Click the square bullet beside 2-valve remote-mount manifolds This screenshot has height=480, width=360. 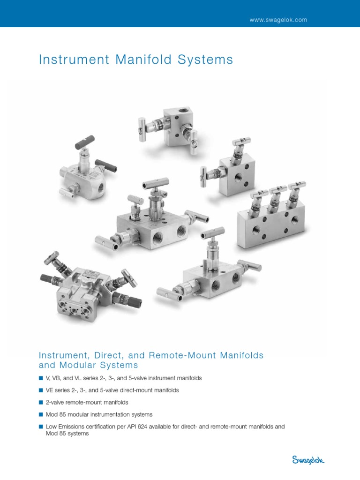[40, 402]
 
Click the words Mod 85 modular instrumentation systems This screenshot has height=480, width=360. [99, 414]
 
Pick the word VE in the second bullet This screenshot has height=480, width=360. [49, 390]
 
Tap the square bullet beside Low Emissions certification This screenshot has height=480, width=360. [40, 427]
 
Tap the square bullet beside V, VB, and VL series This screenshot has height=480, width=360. [40, 378]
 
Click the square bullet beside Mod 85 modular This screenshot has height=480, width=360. [40, 414]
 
